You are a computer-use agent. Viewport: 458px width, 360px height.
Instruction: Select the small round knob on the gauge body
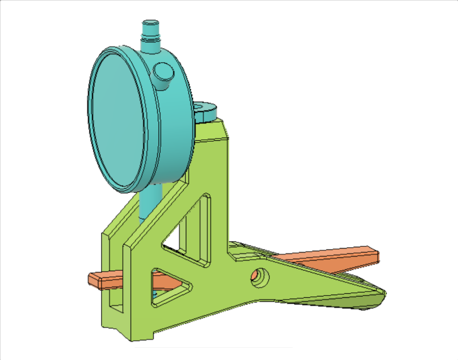163,72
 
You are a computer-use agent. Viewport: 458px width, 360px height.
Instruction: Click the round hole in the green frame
259,276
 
